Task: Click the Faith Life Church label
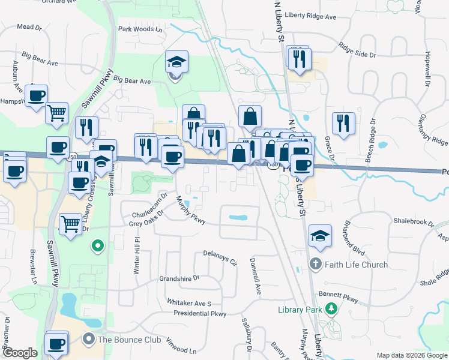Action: (x=357, y=265)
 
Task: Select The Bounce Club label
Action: (x=130, y=340)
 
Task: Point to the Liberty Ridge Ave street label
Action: (x=310, y=17)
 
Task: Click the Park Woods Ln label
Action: (x=140, y=29)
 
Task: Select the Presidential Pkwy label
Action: (x=200, y=314)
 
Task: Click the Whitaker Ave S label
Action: (x=189, y=304)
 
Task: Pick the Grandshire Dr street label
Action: (x=179, y=278)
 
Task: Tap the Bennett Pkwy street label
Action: (x=339, y=296)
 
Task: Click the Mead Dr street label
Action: (x=29, y=27)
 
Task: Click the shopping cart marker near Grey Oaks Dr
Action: (x=70, y=224)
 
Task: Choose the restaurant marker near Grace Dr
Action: (x=343, y=124)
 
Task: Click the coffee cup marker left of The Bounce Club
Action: (x=56, y=343)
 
